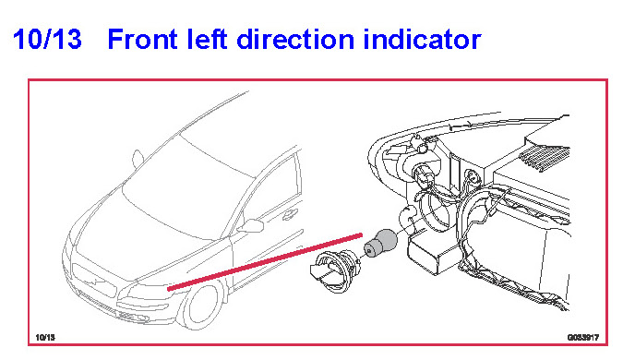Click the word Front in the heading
coord(141,40)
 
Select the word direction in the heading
coord(295,39)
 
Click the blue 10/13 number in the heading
coord(47,39)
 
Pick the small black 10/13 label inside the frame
coord(45,337)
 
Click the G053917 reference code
coord(583,337)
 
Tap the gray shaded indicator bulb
coord(380,243)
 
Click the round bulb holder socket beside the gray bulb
coord(333,271)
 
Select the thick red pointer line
coord(265,262)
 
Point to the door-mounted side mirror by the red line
coord(250,226)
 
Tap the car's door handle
coord(290,214)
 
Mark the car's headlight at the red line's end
coord(148,292)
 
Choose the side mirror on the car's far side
coord(138,159)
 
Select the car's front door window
coord(274,191)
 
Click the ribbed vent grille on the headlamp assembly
coord(545,159)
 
